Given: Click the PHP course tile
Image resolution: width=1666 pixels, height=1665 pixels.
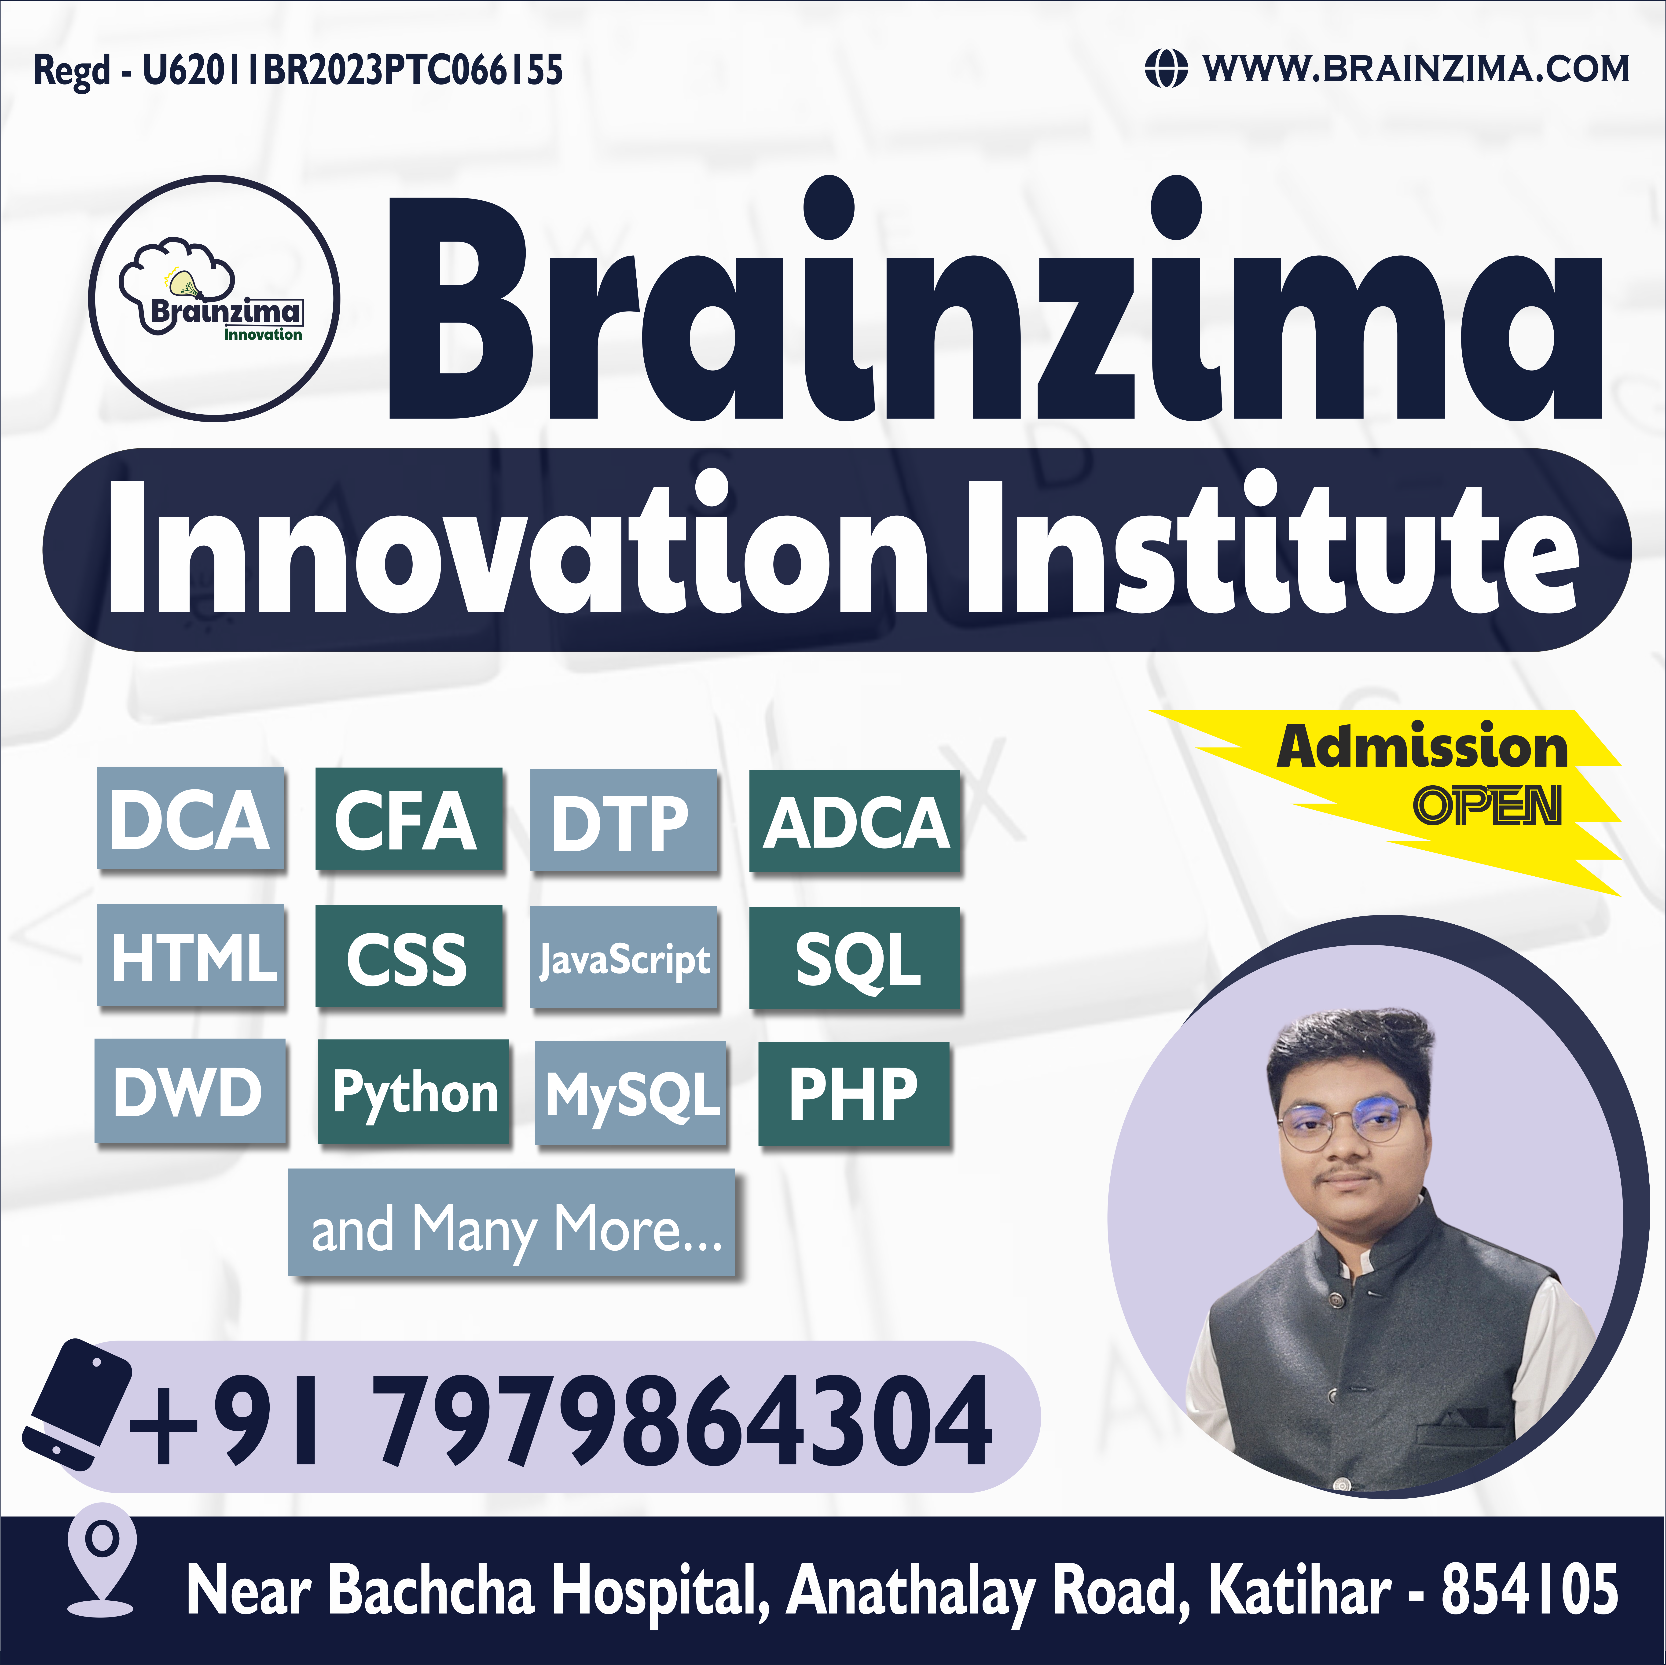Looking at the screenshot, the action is (x=854, y=1093).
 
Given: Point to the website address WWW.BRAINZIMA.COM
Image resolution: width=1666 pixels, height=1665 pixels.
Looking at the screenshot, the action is (x=1416, y=69).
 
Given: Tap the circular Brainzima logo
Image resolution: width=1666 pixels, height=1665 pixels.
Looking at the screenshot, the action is (x=215, y=298).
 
